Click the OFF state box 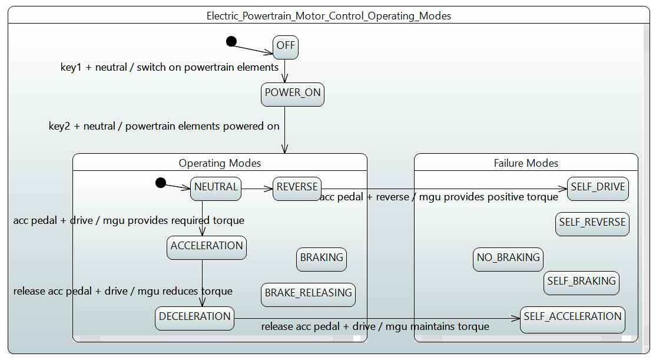tap(286, 47)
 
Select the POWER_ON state tap(293, 94)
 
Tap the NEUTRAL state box tap(216, 189)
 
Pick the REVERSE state tap(297, 189)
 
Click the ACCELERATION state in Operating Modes tap(207, 248)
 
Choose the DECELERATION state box tap(194, 319)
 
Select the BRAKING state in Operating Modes tap(322, 259)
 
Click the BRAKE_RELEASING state tap(309, 295)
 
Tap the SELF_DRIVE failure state tap(598, 189)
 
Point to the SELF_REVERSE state tap(592, 224)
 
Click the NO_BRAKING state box tap(508, 259)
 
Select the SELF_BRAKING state tap(582, 283)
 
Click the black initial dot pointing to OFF tap(231, 41)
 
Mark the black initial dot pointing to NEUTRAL tap(161, 183)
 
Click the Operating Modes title tap(220, 163)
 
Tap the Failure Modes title tap(526, 163)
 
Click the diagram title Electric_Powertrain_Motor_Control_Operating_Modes tap(329, 16)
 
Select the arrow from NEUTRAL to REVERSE tap(257, 189)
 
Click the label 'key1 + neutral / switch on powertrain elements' tap(170, 67)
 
